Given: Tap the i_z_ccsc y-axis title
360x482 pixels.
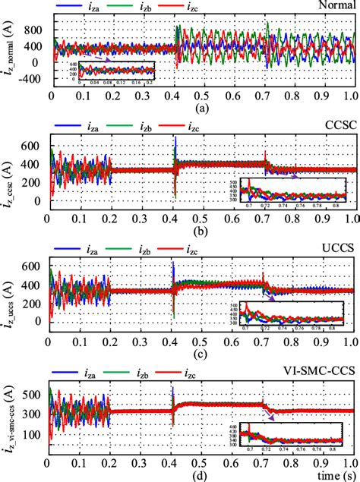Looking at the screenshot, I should coord(10,169).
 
